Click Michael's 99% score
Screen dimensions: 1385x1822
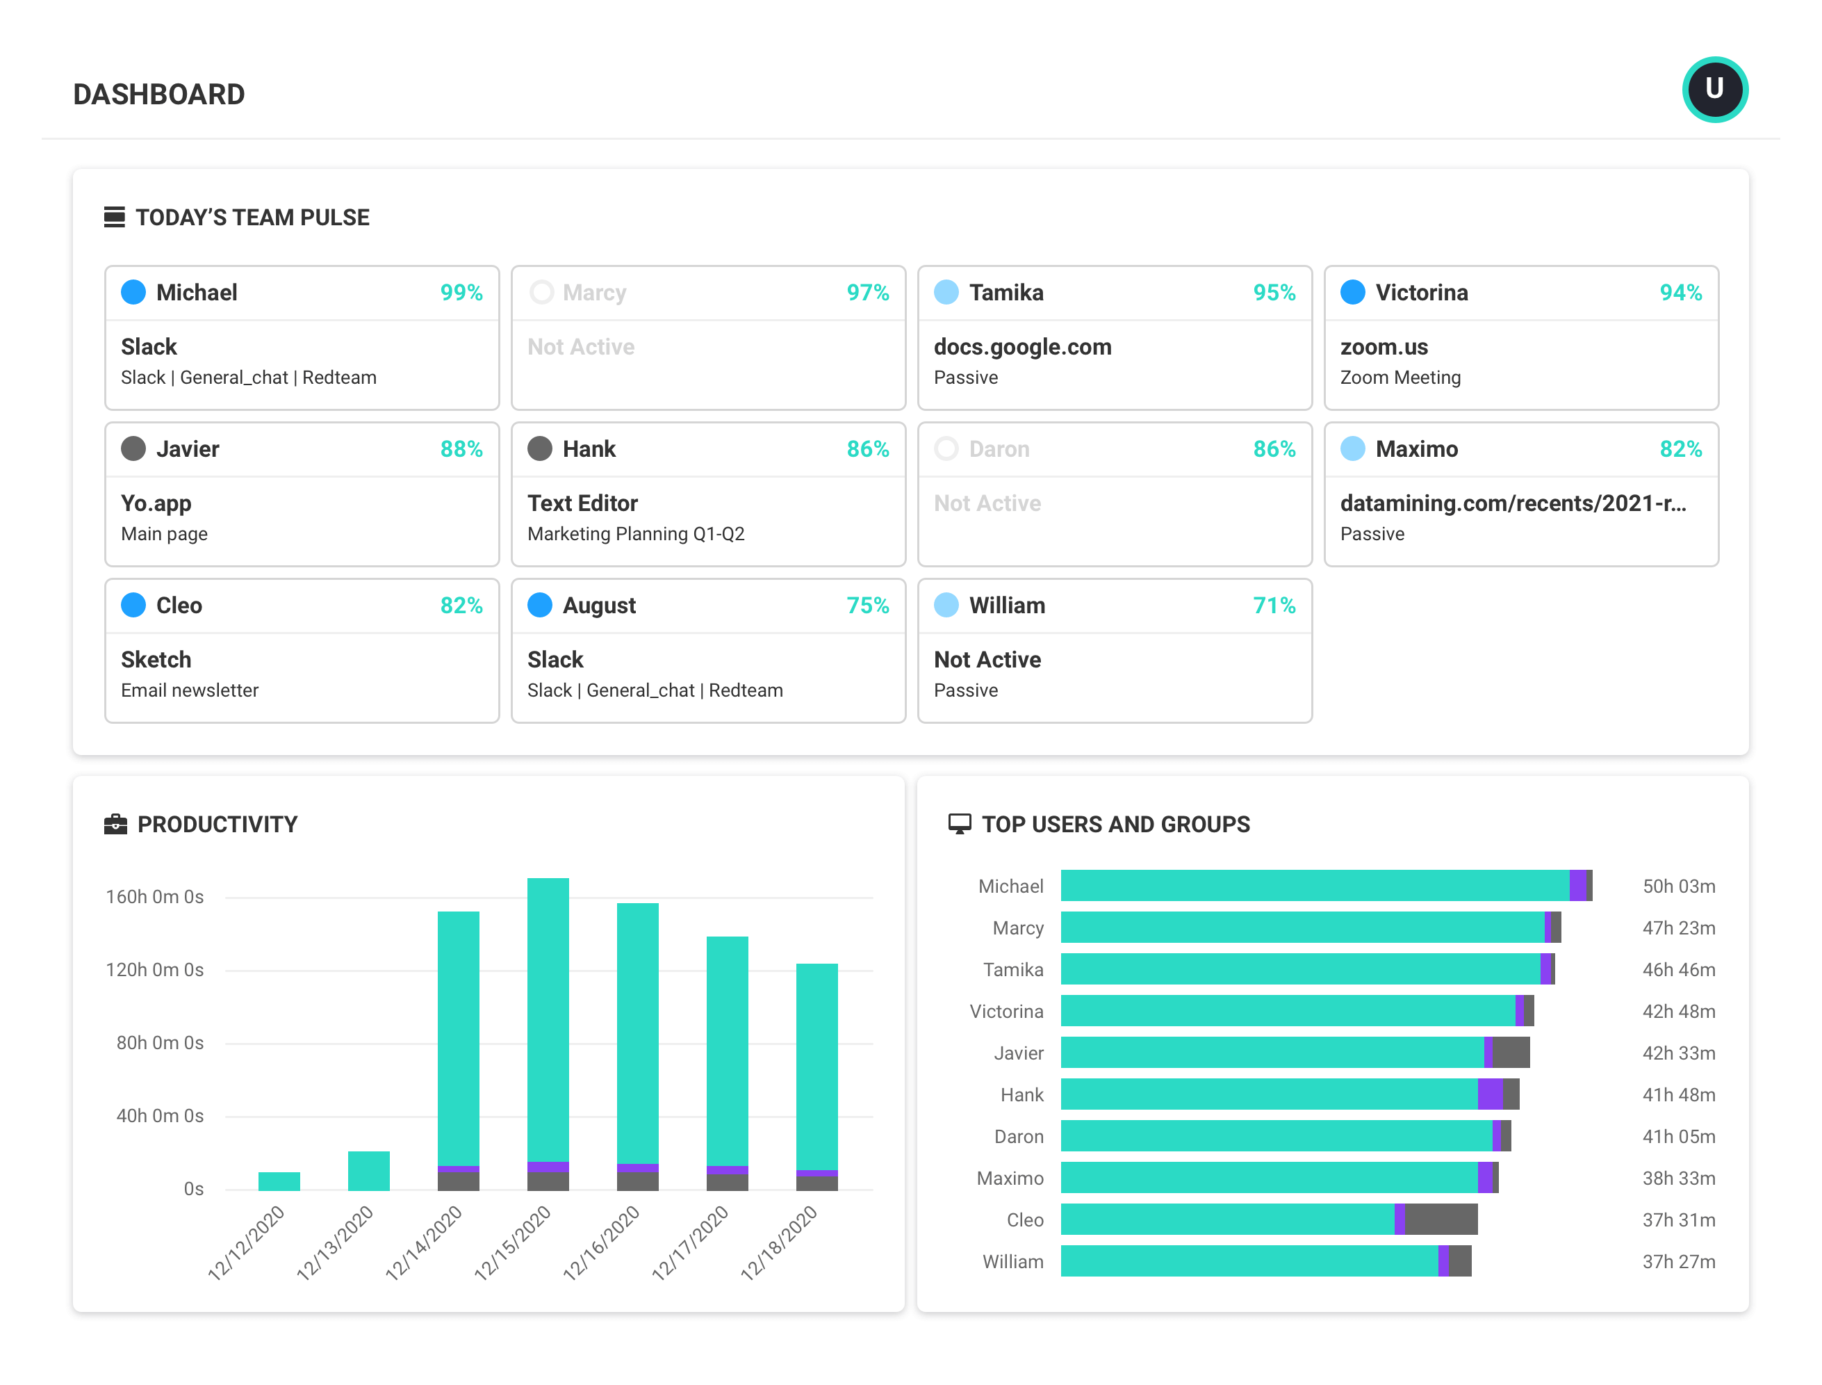pos(461,293)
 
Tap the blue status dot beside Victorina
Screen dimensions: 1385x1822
pos(1352,292)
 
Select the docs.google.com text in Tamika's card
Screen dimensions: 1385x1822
pos(1022,347)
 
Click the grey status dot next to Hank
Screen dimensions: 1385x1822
pos(539,448)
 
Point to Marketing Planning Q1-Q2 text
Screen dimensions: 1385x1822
pos(635,534)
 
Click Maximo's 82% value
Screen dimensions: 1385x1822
pos(1680,449)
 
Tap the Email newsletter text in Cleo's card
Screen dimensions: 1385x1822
pos(190,691)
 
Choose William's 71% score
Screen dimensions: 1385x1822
pos(1273,606)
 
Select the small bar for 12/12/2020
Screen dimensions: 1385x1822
pos(279,1181)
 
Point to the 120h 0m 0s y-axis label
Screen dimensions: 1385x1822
pos(154,971)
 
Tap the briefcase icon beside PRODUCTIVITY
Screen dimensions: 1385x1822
pos(115,825)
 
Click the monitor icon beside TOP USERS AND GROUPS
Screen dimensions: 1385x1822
pos(958,825)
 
